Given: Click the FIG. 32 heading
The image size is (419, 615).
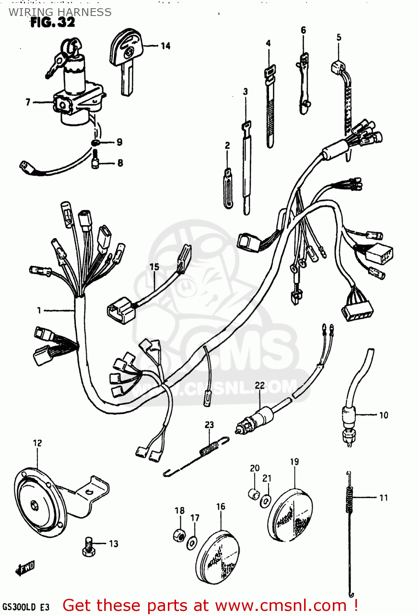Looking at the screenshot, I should tap(53, 22).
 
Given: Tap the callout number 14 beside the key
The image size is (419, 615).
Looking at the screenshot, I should tap(165, 46).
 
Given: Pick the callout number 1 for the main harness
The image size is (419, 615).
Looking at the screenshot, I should tap(39, 310).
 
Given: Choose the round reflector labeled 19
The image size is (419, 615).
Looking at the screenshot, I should tap(290, 515).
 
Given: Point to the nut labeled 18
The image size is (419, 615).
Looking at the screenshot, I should tap(179, 534).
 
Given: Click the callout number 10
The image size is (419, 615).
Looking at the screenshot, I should tap(383, 415).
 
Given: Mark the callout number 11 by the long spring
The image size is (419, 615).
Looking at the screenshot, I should tap(383, 498).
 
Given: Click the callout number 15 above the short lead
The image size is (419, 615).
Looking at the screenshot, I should tap(154, 267).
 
